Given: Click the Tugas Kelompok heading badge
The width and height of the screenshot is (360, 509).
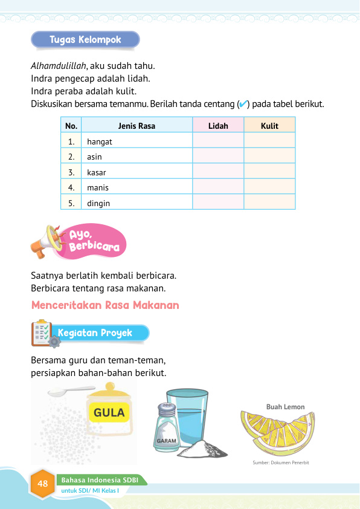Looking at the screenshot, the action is (85, 40).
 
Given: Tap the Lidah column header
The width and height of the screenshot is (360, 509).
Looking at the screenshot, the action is (218, 126).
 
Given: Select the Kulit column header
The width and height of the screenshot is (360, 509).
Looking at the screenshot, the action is (269, 126).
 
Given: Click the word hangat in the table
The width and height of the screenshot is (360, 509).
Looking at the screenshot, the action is (100, 141).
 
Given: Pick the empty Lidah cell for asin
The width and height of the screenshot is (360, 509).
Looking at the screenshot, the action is (218, 157).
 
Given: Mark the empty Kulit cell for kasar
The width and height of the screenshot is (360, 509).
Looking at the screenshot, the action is (269, 172).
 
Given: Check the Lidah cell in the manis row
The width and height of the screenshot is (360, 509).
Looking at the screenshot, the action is (218, 187).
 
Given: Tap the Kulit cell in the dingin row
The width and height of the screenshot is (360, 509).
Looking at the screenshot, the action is (269, 203).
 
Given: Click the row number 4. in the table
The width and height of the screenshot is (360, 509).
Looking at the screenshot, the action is (71, 187).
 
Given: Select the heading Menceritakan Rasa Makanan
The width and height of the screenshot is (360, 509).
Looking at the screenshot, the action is (105, 305).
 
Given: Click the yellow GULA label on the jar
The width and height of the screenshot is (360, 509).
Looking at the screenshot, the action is (109, 413).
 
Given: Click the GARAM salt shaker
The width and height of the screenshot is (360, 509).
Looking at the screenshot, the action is (166, 426).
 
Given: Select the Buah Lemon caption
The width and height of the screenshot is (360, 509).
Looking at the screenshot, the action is (285, 407).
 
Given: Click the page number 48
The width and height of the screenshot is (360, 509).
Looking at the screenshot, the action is (42, 484).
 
